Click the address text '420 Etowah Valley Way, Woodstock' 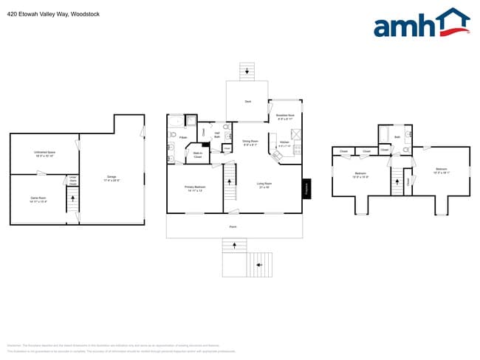point(53,14)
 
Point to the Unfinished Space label point(45,154)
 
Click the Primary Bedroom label point(194,188)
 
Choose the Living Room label point(264,185)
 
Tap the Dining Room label point(250,142)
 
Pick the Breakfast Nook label point(285,117)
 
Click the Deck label point(247,103)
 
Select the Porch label point(233,226)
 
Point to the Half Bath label point(217,136)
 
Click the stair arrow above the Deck point(247,71)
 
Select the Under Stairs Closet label point(72,180)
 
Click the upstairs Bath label point(397,137)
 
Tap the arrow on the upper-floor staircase point(396,181)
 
